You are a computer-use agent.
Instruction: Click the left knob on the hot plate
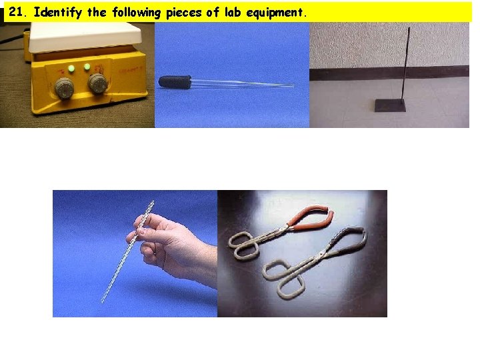pyautogui.click(x=65, y=87)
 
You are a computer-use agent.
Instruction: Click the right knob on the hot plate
pyautogui.click(x=97, y=83)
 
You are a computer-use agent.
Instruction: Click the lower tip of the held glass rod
pyautogui.click(x=103, y=300)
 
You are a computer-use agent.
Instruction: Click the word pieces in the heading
pyautogui.click(x=181, y=12)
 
